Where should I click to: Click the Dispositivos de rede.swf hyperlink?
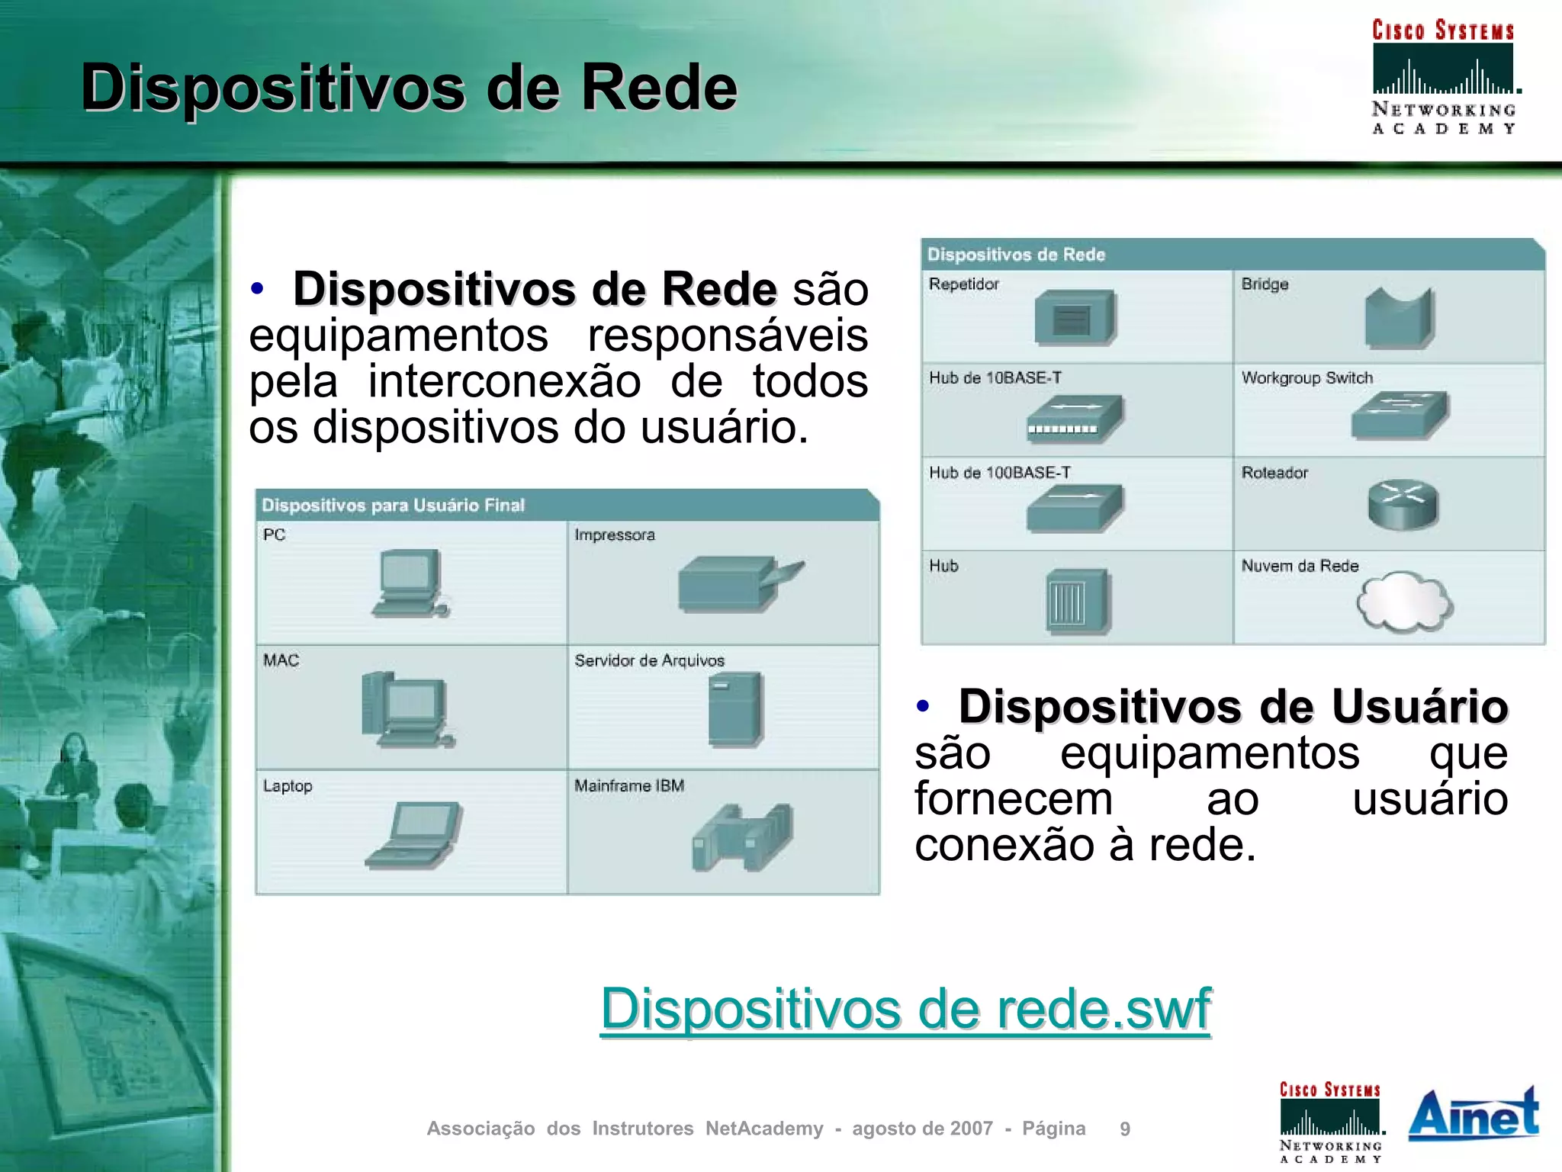click(x=905, y=1009)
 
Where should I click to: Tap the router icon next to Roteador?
click(x=1402, y=504)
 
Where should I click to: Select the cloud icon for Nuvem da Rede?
click(x=1404, y=602)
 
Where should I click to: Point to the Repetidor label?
click(x=963, y=284)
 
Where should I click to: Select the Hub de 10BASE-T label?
click(x=995, y=378)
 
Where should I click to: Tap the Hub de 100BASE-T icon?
click(x=1074, y=509)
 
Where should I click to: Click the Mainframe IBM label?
click(x=629, y=785)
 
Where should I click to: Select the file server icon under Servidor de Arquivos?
click(x=734, y=709)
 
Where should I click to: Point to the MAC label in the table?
click(x=281, y=660)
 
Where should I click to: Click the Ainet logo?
click(x=1473, y=1114)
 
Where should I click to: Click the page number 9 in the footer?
click(x=1124, y=1129)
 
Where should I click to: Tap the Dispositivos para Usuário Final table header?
click(x=393, y=506)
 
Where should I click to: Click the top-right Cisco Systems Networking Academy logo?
click(x=1443, y=76)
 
